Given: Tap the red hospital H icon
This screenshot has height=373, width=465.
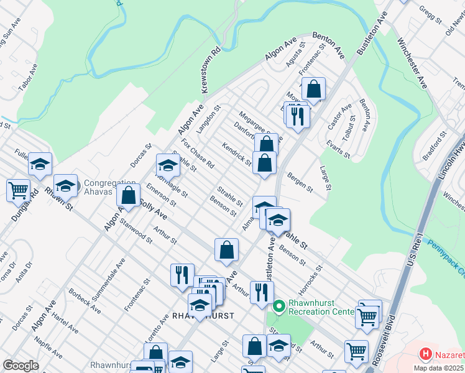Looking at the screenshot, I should point(426,354).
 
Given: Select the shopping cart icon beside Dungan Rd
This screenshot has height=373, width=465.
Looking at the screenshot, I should point(18,190).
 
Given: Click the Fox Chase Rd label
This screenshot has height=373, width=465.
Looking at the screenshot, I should point(198,154).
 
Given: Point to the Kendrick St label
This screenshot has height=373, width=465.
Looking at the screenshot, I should point(236,154).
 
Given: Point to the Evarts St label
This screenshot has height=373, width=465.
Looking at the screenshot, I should point(339,149).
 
